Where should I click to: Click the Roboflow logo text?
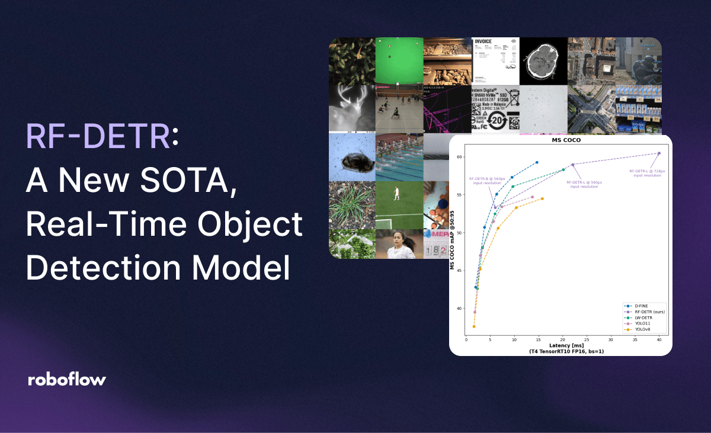point(67,380)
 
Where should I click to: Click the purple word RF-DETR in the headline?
point(98,137)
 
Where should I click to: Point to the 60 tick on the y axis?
point(460,157)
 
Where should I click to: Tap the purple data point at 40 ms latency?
point(659,153)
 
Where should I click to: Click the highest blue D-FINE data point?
point(537,162)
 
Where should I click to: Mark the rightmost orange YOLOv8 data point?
point(542,199)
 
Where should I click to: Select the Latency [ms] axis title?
point(566,346)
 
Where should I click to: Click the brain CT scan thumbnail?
point(543,61)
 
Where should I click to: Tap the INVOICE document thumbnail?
point(495,61)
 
